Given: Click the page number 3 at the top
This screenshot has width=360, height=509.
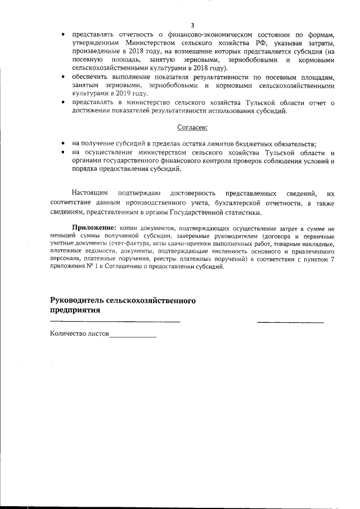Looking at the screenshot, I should pyautogui.click(x=192, y=25).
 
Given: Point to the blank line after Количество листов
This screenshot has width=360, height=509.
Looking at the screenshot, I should pyautogui.click(x=133, y=336).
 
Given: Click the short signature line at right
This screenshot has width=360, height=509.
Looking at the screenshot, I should pyautogui.click(x=290, y=322).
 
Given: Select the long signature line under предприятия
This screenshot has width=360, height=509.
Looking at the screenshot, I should pyautogui.click(x=115, y=322).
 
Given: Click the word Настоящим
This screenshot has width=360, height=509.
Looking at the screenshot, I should pyautogui.click(x=89, y=193).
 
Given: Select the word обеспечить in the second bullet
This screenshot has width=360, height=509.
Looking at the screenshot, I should pyautogui.click(x=91, y=76).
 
